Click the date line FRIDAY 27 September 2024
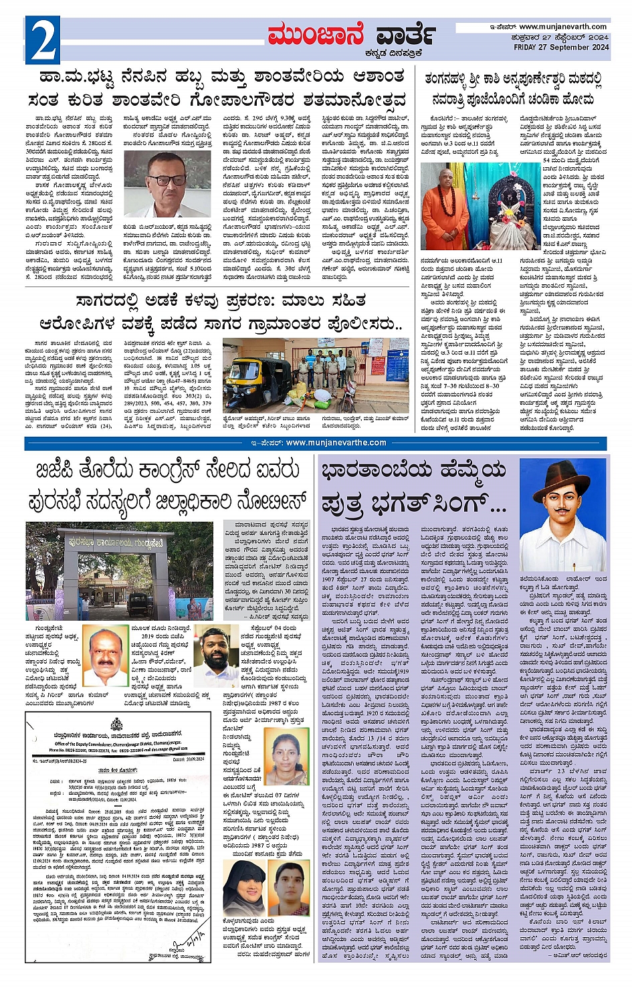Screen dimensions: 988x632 [x=561, y=47]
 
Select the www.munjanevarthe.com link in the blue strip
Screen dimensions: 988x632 [x=336, y=443]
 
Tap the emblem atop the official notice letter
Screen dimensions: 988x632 [x=116, y=724]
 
